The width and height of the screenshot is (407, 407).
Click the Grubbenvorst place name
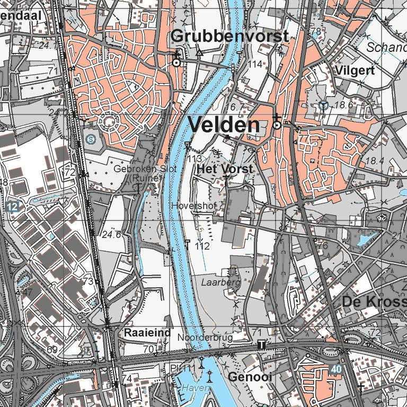point(231,36)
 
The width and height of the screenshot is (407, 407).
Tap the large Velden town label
point(224,125)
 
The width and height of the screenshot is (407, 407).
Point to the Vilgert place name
point(355,70)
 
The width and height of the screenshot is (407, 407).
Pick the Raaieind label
point(148,333)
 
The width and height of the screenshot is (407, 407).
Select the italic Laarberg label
point(220,283)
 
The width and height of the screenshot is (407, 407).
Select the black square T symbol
point(261,346)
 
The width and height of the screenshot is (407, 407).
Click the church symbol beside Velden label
point(276,124)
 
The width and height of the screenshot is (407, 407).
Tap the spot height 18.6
point(344,105)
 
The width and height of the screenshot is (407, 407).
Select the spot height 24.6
point(112,234)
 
